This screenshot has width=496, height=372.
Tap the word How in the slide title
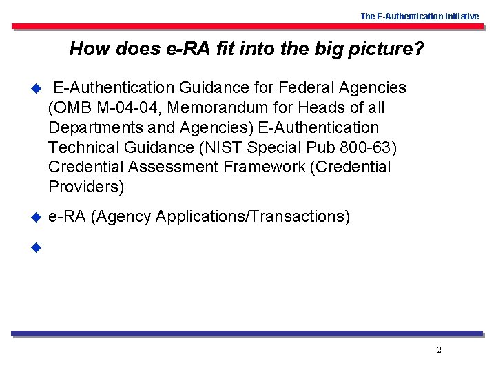pyautogui.click(x=85, y=49)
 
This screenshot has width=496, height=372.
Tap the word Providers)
pyautogui.click(x=86, y=187)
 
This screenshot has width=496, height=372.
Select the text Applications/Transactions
pyautogui.click(x=253, y=217)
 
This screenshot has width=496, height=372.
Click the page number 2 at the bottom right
pyautogui.click(x=439, y=350)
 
